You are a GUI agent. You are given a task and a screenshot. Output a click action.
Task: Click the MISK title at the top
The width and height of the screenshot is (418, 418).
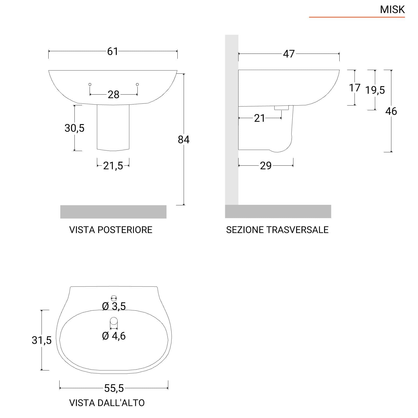(x=392, y=10)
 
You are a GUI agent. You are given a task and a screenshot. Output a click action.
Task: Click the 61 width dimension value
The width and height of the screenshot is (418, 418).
(x=113, y=51)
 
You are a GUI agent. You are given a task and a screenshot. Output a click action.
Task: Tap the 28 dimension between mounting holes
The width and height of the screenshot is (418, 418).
(x=113, y=95)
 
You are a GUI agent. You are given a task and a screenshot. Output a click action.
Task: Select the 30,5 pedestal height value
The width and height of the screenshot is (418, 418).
(x=74, y=128)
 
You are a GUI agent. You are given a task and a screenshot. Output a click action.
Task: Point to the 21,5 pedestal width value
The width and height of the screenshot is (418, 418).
(x=113, y=166)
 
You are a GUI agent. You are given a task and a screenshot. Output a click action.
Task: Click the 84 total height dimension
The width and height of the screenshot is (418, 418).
(x=184, y=140)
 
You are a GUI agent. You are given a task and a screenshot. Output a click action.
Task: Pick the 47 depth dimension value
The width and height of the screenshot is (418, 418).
(x=289, y=54)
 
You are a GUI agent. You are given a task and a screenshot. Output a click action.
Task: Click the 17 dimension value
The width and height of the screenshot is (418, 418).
(x=355, y=88)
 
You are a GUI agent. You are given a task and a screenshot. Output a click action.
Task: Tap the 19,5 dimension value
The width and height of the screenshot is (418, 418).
(x=375, y=90)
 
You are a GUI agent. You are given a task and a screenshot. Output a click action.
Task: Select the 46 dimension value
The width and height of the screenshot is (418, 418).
(x=391, y=111)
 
